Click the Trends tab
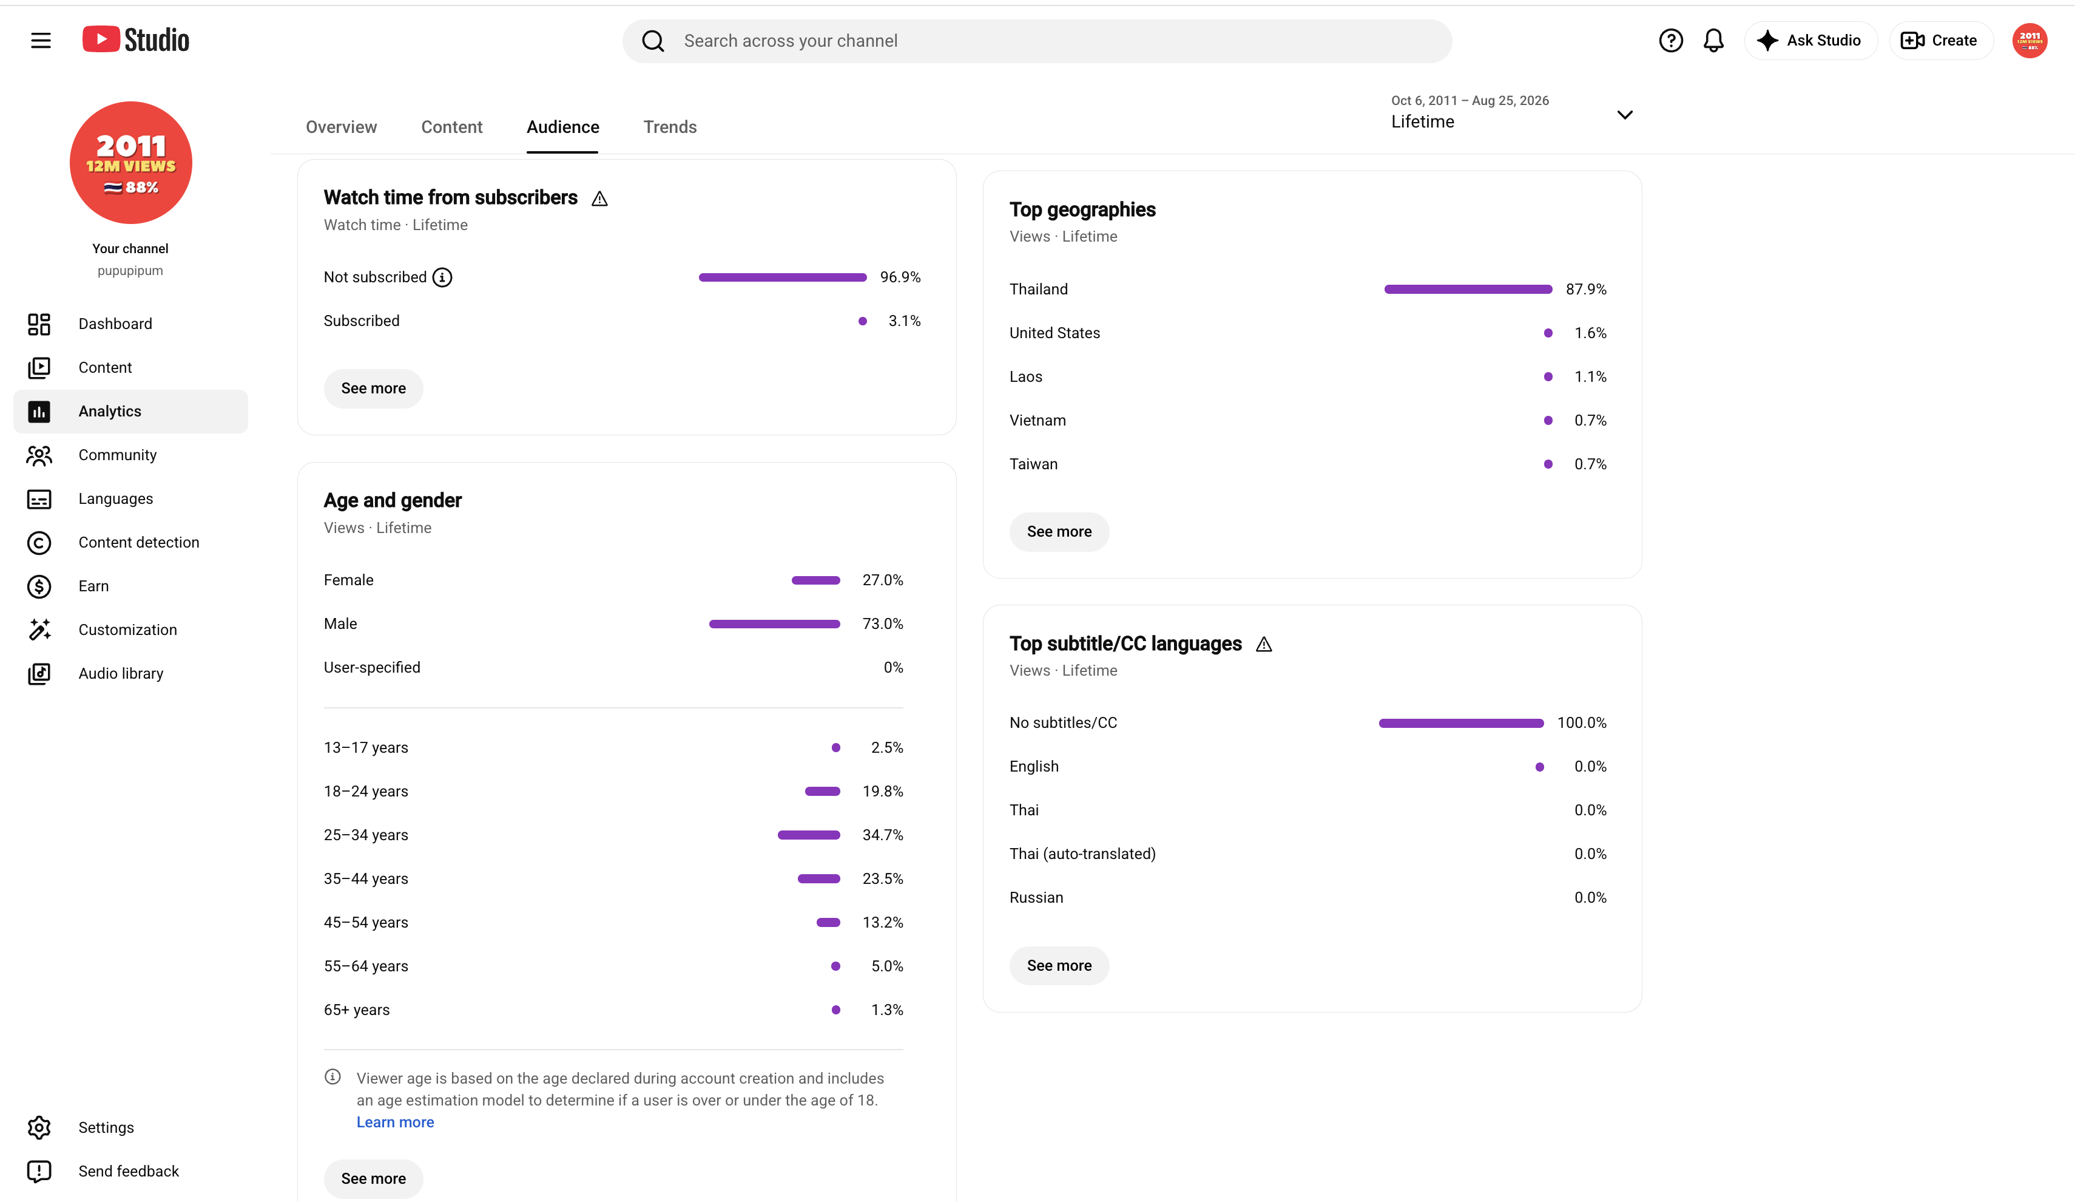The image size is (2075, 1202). coord(669,127)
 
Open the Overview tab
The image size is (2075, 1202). coord(341,127)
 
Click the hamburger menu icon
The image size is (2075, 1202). coord(40,40)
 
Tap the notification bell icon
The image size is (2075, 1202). coord(1713,40)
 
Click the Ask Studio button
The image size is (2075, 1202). coord(1810,40)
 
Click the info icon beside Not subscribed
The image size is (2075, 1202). coord(442,277)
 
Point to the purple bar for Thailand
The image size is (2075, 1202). coord(1468,289)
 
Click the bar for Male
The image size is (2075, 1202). coord(774,623)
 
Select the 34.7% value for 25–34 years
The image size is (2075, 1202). coord(882,835)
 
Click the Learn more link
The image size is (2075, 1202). coord(394,1121)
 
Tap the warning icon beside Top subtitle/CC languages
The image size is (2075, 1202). coord(1264,644)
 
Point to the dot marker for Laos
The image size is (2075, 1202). coord(1548,376)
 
